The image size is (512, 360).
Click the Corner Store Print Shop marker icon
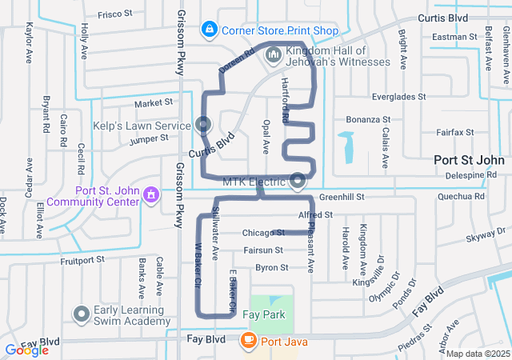tap(210, 30)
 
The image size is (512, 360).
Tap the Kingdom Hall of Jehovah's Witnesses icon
tap(274, 54)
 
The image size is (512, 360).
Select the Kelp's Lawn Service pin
tap(203, 125)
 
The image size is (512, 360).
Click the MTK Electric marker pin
tap(298, 182)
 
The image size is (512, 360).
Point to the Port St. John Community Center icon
tap(150, 195)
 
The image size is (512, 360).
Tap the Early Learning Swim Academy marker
tap(81, 314)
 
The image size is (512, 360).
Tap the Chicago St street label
tap(263, 233)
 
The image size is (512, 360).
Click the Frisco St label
tap(114, 14)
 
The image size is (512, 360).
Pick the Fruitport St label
tap(83, 260)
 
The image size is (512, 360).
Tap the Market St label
tap(154, 103)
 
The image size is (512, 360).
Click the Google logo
tap(27, 350)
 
